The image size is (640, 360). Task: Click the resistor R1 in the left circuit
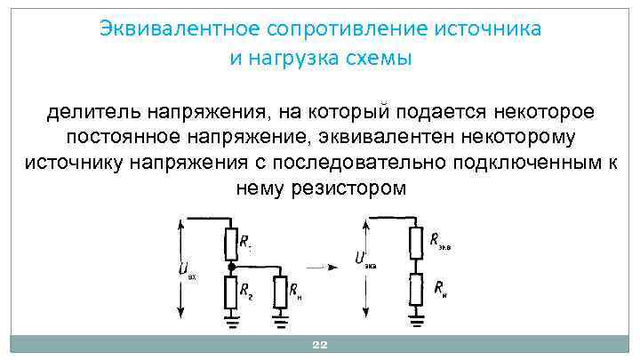(231, 242)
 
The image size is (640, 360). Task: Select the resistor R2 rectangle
(231, 291)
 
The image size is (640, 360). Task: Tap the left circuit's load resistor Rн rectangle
(282, 291)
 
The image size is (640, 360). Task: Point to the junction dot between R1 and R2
(231, 266)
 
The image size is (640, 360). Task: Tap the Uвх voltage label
(186, 269)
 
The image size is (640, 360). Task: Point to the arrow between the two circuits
(324, 266)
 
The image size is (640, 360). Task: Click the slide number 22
(320, 347)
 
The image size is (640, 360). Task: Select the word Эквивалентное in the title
(175, 28)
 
